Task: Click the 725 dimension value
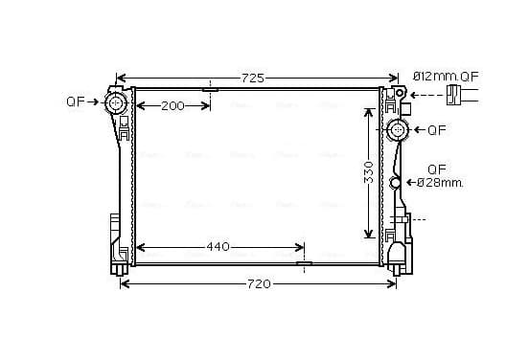253,79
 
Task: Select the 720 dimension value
259,284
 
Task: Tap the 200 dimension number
172,106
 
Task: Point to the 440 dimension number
218,247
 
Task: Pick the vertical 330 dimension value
369,172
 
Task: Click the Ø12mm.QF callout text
446,77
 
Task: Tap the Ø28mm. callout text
440,183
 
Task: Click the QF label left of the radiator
75,101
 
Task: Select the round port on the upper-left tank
116,102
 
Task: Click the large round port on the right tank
398,130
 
